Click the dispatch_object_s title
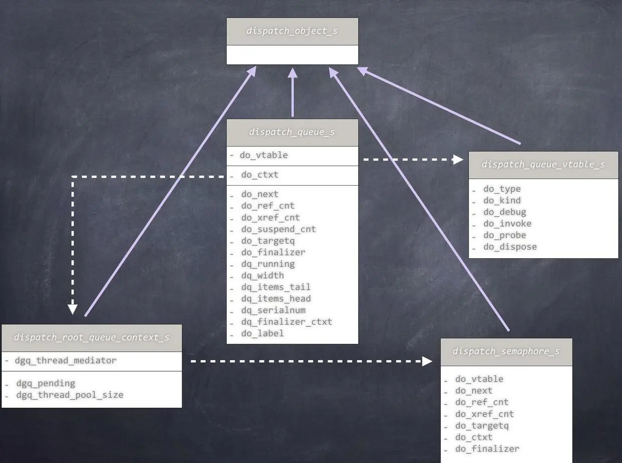[292, 31]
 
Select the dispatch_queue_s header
[292, 132]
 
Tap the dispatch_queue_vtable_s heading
[543, 165]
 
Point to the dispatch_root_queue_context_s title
[91, 338]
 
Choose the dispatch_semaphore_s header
[506, 351]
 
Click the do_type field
[502, 189]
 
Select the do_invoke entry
[507, 224]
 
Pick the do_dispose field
[510, 247]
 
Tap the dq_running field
[268, 264]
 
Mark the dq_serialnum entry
[273, 310]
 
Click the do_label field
[262, 333]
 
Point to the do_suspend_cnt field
[278, 229]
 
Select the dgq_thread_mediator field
[66, 360]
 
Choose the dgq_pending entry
[46, 383]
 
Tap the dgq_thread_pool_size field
[70, 395]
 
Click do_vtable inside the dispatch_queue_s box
[263, 155]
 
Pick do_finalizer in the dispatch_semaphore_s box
[487, 449]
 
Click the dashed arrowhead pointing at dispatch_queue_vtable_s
[457, 160]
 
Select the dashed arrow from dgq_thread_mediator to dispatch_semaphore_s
[311, 361]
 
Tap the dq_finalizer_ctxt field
[286, 322]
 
